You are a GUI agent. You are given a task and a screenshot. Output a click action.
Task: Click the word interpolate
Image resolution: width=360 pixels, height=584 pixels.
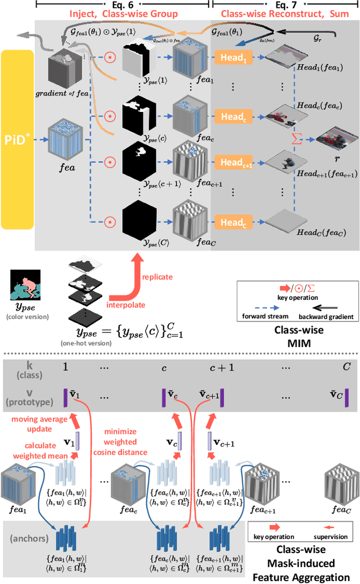[x=127, y=305]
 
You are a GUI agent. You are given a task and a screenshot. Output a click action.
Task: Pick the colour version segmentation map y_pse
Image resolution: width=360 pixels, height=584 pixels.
[x=25, y=286]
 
